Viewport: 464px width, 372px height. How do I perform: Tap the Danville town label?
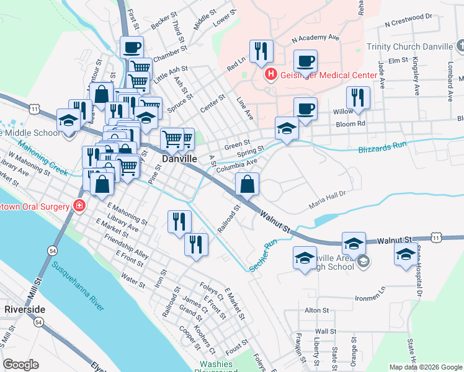180,159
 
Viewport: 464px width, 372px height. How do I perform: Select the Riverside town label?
24,309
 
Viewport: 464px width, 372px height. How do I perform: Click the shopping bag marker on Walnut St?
247,184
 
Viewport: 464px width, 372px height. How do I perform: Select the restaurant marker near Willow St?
357,97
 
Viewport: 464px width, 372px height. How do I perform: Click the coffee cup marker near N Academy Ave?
305,61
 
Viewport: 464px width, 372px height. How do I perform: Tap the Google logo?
20,365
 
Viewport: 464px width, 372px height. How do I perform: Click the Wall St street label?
325,332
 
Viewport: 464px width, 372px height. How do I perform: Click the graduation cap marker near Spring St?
286,129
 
